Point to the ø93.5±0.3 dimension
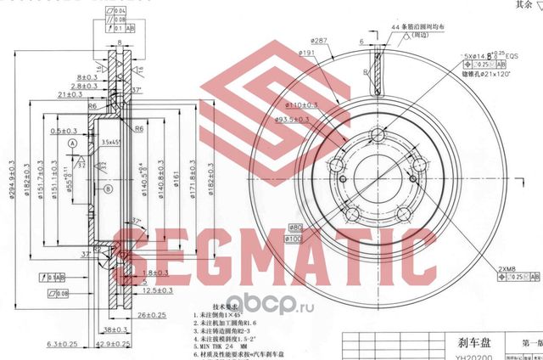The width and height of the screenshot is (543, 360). [x=302, y=120]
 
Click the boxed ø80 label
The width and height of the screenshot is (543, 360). [x=297, y=227]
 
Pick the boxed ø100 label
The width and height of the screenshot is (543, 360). [x=297, y=239]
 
